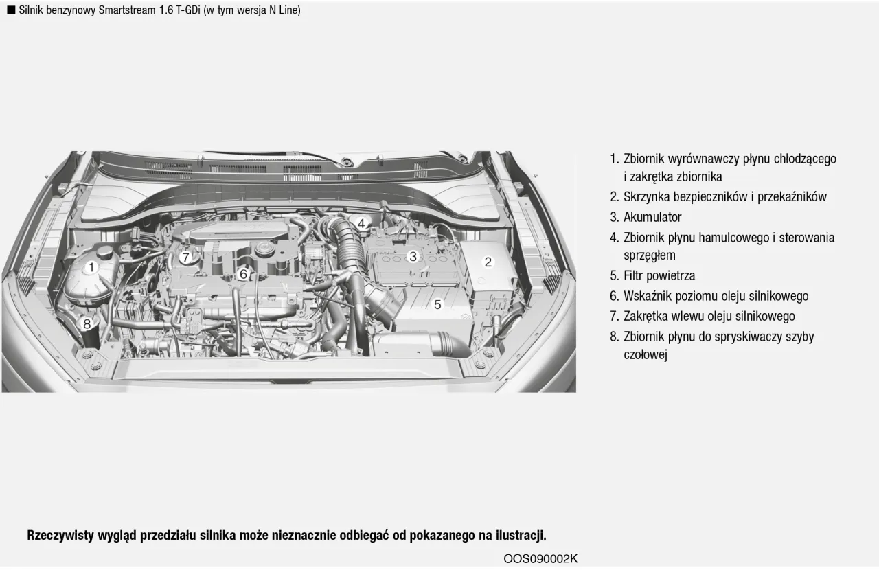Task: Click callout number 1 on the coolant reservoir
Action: pos(91,267)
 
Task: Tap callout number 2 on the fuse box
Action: pos(488,262)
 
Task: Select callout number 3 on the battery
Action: pos(413,257)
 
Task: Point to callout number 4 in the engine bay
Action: pos(361,223)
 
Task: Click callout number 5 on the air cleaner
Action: pos(437,304)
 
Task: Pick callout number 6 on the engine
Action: pos(243,274)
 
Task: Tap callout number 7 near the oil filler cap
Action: pos(185,258)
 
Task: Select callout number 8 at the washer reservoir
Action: pos(87,323)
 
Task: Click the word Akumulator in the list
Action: pos(652,218)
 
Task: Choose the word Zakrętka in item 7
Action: pos(648,317)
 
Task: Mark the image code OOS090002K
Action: pos(540,558)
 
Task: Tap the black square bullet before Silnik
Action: pos(11,10)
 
